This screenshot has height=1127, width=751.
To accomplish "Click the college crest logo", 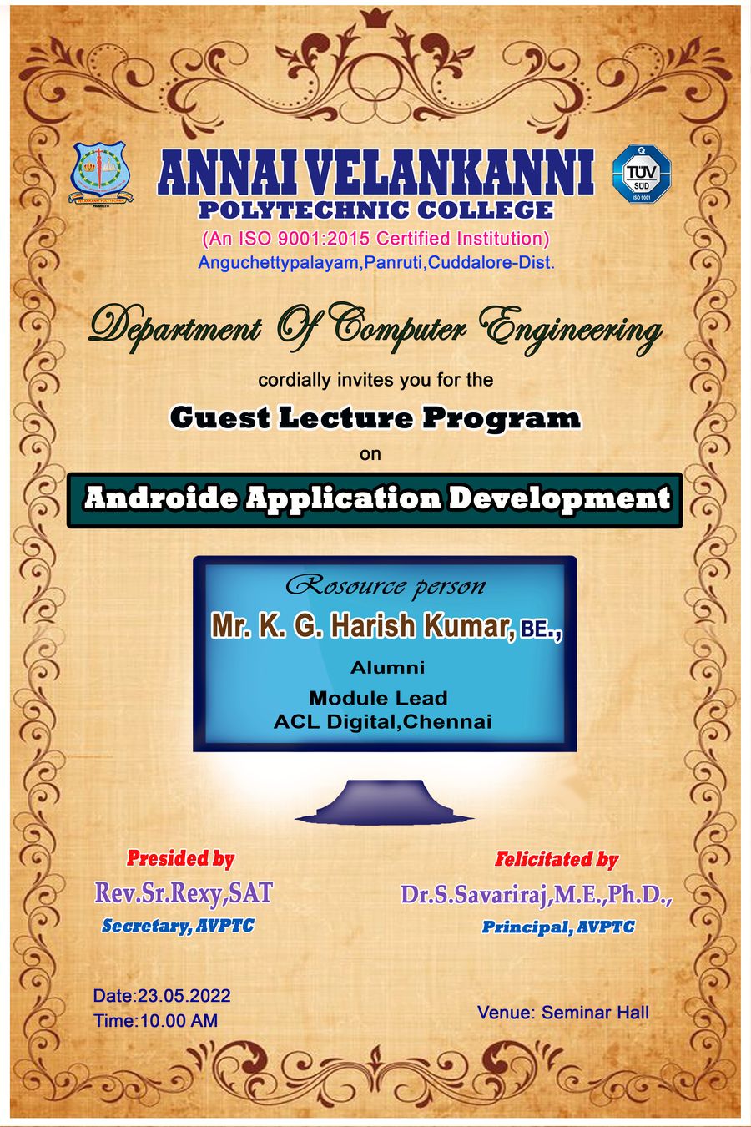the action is pos(101,174).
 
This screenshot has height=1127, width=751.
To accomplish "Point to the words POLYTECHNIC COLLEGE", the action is pos(375,210).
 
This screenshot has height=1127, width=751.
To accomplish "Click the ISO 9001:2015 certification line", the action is pos(375,238).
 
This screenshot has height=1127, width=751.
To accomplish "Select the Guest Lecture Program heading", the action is pos(375,417).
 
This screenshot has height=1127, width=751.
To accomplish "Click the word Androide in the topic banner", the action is pos(161,498).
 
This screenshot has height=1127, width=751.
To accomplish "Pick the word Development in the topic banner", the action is pos(559,499).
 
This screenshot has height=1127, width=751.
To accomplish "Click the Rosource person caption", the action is pos(386,587).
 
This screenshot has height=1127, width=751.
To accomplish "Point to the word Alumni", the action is pos(388,668).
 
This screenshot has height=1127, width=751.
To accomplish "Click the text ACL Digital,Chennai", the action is pos(382,722).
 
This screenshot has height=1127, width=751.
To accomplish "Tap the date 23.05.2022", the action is pos(184,996).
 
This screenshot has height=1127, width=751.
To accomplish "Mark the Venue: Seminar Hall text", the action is pos(563,1013).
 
